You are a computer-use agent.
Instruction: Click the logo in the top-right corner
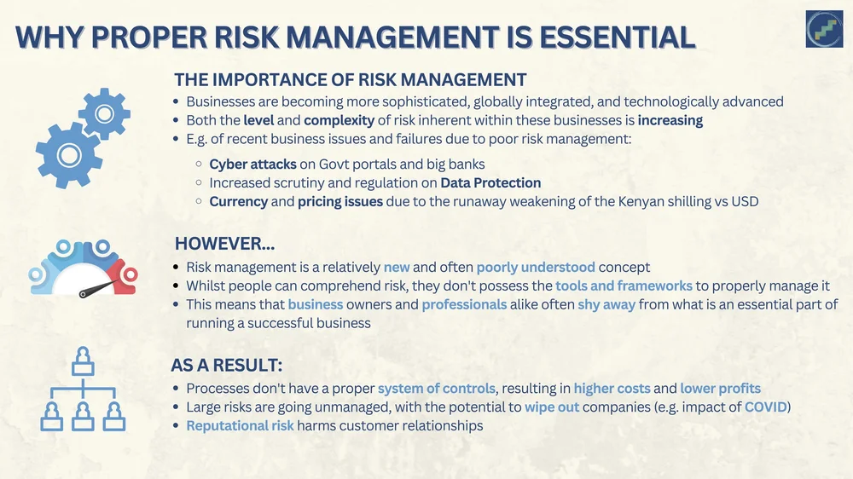click(824, 28)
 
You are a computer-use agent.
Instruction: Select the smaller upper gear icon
click(104, 113)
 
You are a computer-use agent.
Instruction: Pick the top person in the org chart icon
click(82, 361)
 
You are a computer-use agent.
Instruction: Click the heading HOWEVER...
click(224, 244)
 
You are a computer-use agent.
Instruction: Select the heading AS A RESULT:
click(227, 366)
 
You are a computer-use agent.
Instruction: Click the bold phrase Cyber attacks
click(253, 164)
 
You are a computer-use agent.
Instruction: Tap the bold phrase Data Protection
click(490, 182)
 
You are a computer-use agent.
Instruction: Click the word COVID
click(765, 407)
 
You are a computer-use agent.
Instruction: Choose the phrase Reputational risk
click(240, 425)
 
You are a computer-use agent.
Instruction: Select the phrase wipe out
click(552, 407)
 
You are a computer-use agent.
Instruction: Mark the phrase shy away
click(606, 305)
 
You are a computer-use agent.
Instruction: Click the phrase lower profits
click(720, 389)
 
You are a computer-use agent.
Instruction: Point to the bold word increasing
click(670, 120)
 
